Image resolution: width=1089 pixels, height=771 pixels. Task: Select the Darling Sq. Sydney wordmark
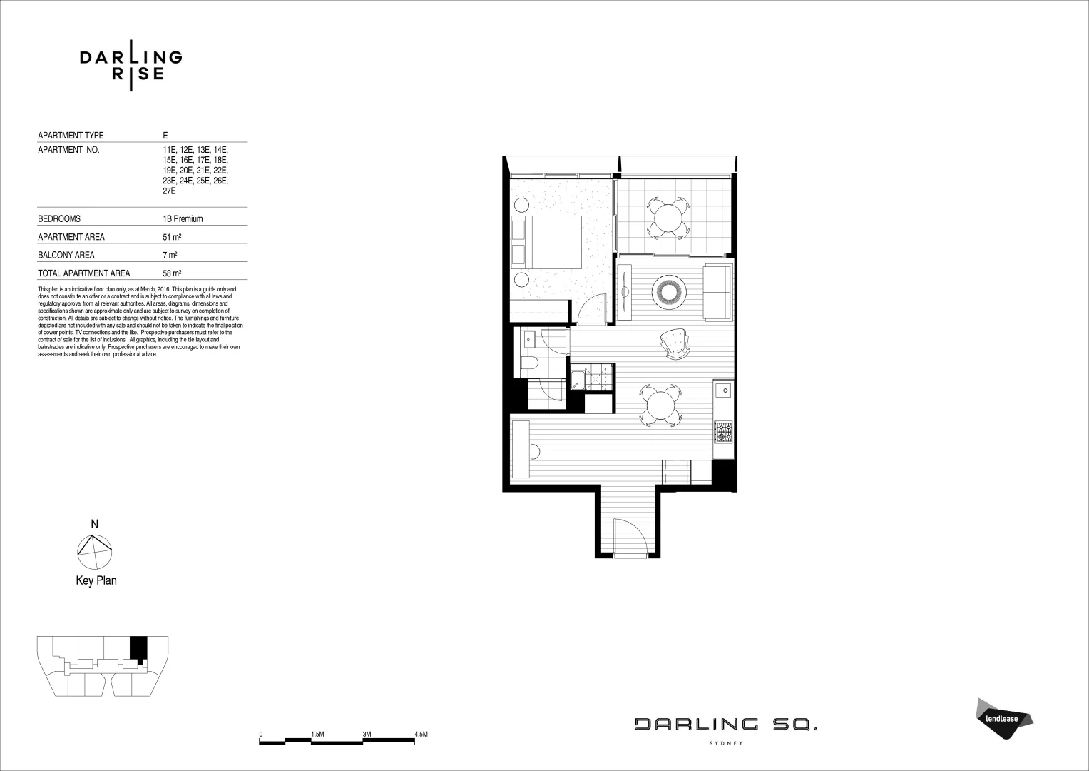[x=726, y=729]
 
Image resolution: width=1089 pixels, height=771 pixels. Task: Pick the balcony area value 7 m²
[x=170, y=255]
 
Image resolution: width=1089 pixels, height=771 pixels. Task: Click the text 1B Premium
[x=183, y=219]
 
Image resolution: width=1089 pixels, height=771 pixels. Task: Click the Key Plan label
[x=96, y=580]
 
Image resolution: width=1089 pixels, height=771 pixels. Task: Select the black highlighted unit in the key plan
[x=138, y=648]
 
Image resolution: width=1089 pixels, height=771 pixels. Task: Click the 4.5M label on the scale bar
[x=420, y=734]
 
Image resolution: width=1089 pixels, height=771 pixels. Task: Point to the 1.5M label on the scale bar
[x=317, y=734]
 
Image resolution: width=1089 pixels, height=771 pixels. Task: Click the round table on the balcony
[x=668, y=217]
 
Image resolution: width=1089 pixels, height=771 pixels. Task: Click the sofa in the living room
[x=717, y=293]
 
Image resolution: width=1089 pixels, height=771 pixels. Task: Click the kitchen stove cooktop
[x=723, y=432]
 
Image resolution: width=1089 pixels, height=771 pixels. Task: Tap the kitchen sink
[x=723, y=390]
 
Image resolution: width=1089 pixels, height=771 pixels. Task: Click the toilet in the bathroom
[x=528, y=365]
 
